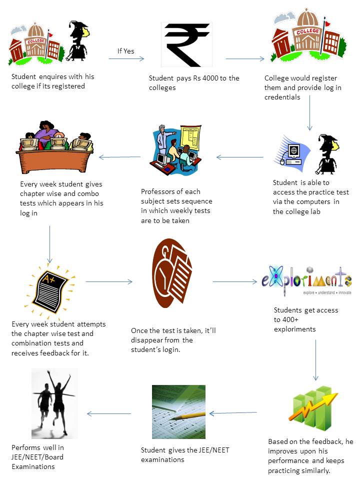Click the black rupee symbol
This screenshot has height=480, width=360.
coord(186,44)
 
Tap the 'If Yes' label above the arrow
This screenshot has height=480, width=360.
coord(126,51)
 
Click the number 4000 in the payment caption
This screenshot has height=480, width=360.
coord(210,78)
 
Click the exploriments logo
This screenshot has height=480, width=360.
coord(306,280)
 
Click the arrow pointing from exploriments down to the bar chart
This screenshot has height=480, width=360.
coord(315,360)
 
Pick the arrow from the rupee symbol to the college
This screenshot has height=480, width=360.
coord(245,59)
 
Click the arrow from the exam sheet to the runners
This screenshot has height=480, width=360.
coord(109,414)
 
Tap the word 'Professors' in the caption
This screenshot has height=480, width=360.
coord(155,191)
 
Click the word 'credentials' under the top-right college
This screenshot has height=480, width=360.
coord(282,97)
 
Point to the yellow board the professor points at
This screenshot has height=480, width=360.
coord(190,137)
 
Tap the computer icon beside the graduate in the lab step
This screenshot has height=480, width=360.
coord(292,152)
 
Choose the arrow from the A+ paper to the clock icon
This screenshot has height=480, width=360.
coord(109,281)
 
